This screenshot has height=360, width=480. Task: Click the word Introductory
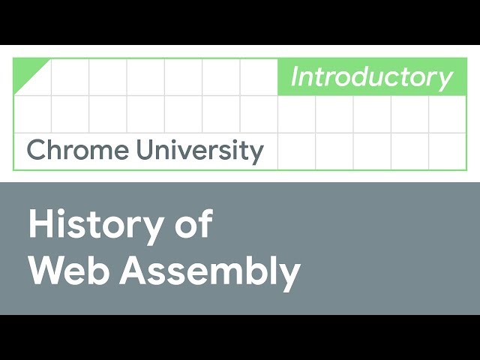click(372, 78)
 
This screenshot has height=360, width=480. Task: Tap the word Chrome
click(78, 149)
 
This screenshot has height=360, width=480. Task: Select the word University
click(200, 151)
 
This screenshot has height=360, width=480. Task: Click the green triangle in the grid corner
click(31, 76)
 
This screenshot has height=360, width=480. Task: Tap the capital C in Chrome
click(37, 149)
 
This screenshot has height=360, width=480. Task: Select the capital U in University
click(145, 149)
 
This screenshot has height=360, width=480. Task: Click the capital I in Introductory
click(295, 76)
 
